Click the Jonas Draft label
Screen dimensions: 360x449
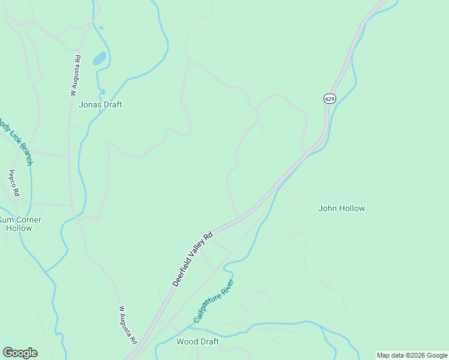pos(100,104)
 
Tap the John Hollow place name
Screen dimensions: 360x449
pos(341,209)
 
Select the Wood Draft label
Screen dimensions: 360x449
pos(197,342)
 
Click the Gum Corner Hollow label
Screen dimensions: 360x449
pos(19,224)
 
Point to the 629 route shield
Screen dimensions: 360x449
pos(329,98)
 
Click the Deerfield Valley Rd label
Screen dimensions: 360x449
pos(193,259)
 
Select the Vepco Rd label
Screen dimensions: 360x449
pos(14,184)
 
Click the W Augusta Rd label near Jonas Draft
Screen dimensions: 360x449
pos(75,76)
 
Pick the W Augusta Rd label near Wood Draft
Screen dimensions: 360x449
pos(128,326)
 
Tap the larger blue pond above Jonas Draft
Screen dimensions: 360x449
pos(99,59)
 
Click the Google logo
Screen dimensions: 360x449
pos(20,353)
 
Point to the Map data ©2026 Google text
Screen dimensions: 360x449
pos(412,355)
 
